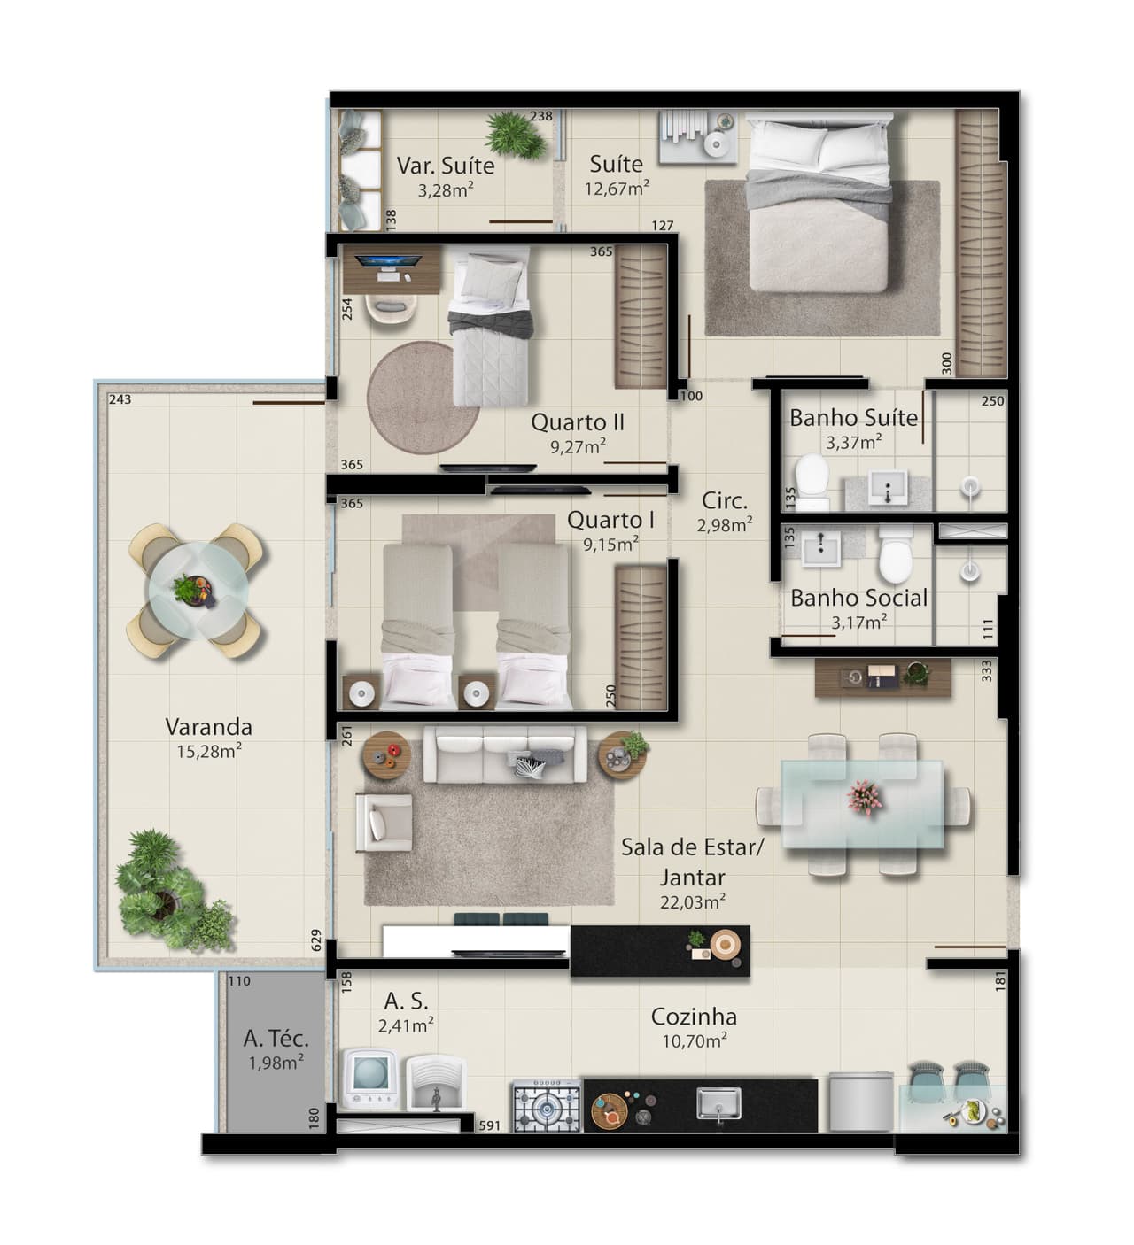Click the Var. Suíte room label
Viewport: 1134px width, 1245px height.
446,166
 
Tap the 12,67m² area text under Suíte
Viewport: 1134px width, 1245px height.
617,188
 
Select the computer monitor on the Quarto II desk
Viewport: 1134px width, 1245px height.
390,262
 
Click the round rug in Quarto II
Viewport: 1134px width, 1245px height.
423,398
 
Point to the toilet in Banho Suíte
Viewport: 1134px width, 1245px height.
812,483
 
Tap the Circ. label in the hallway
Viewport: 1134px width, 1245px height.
724,501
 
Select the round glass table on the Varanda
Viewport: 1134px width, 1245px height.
198,591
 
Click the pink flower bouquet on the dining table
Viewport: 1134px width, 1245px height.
865,798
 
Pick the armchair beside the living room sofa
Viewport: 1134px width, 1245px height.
384,823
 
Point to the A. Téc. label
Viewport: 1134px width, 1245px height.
276,1039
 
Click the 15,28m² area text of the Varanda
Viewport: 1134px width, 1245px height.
209,752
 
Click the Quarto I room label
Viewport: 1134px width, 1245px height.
611,520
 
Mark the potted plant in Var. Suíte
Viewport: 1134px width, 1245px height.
516,135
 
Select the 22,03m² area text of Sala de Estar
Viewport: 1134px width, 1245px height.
693,902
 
